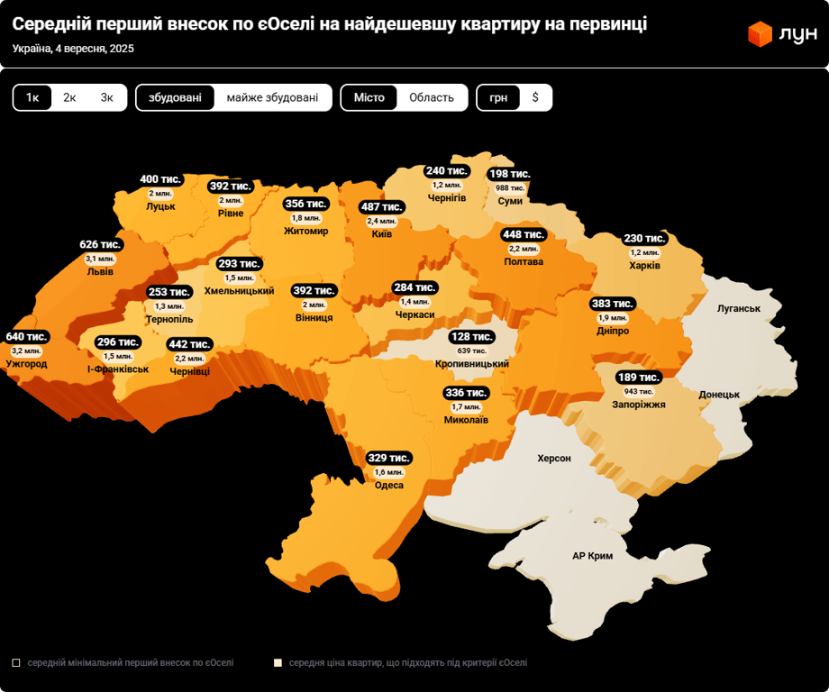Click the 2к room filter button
tap(69, 97)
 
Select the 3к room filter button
tap(107, 97)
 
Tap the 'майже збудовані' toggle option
tap(272, 97)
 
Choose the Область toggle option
tap(432, 97)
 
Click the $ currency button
tap(535, 97)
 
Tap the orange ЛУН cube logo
tap(760, 34)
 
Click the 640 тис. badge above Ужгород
tap(26, 337)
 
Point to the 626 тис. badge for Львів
tap(100, 245)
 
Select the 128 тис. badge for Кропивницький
tap(471, 337)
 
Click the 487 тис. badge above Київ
tap(382, 207)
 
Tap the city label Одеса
tap(389, 485)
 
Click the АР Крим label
tap(592, 556)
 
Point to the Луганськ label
tap(739, 308)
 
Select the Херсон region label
tap(554, 459)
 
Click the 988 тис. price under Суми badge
tap(510, 187)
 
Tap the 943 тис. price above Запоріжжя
tap(638, 391)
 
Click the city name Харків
tap(644, 266)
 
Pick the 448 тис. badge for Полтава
tap(524, 235)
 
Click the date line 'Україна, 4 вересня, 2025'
tap(73, 49)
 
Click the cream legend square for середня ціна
tap(278, 662)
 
